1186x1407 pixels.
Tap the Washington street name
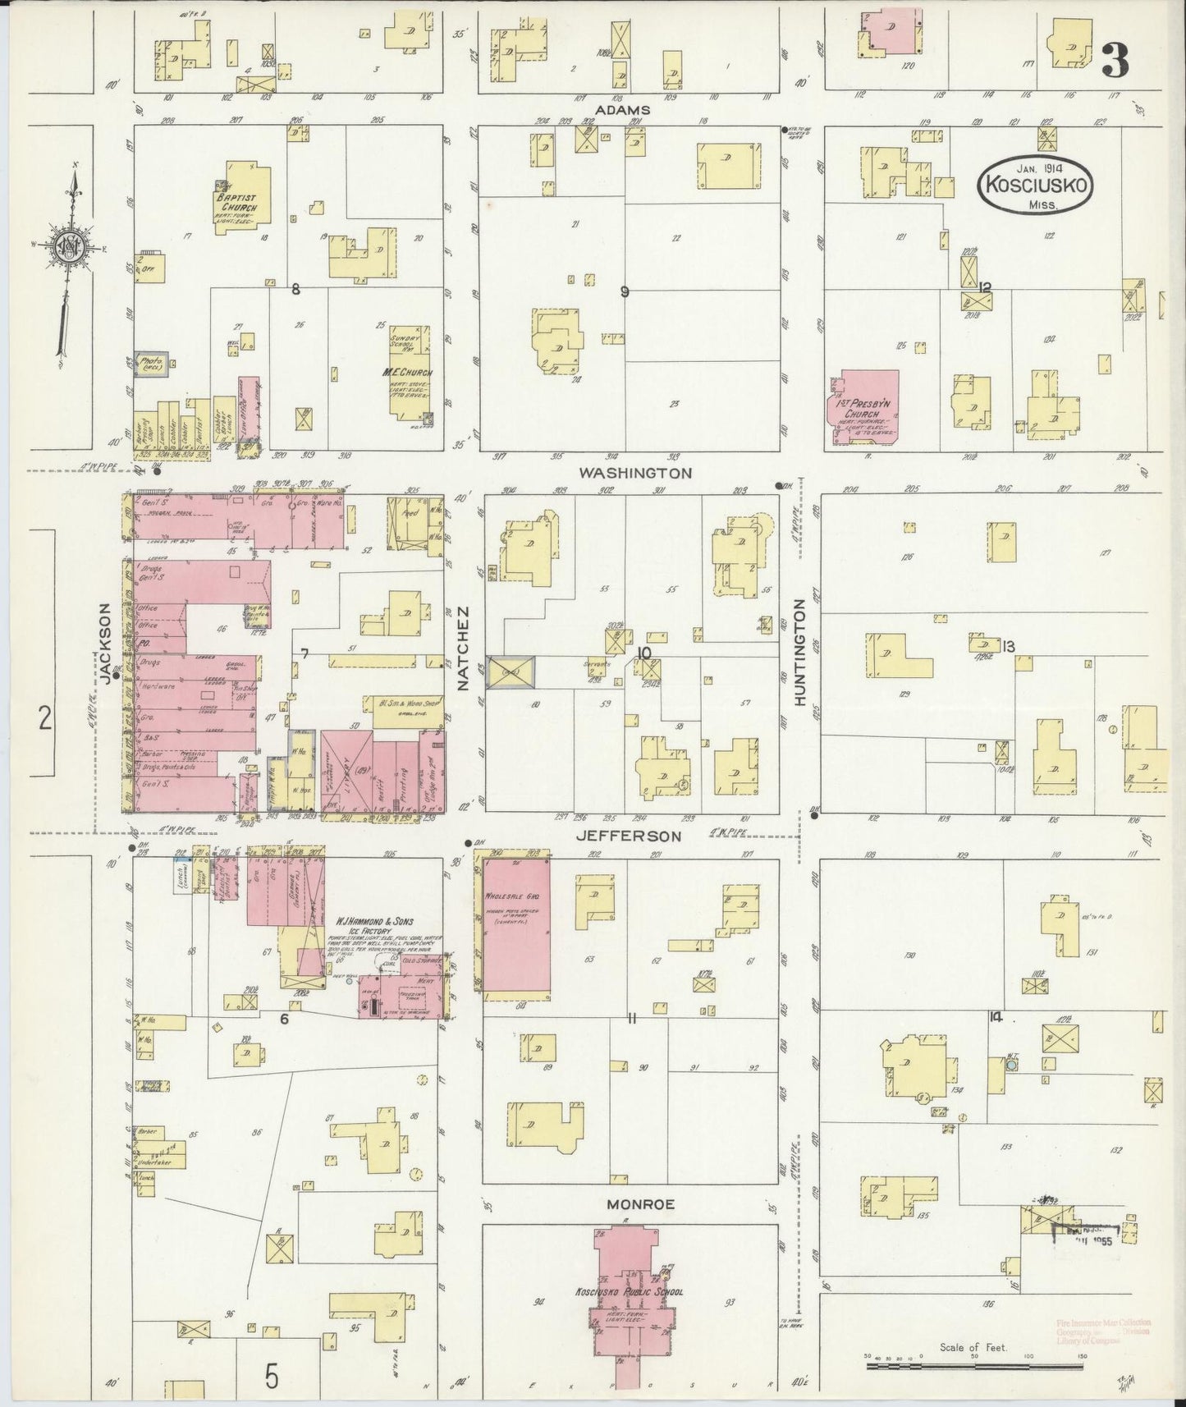pos(635,474)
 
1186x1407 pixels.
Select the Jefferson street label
pos(639,836)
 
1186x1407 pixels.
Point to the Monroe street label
pos(640,1204)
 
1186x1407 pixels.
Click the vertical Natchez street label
pos(463,648)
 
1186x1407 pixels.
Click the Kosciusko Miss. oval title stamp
pos(1036,186)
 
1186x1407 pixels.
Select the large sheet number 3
pos(1114,60)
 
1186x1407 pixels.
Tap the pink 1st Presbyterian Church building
pos(865,409)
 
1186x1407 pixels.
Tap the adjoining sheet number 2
pos(44,719)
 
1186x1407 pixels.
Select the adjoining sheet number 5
pos(272,1375)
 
